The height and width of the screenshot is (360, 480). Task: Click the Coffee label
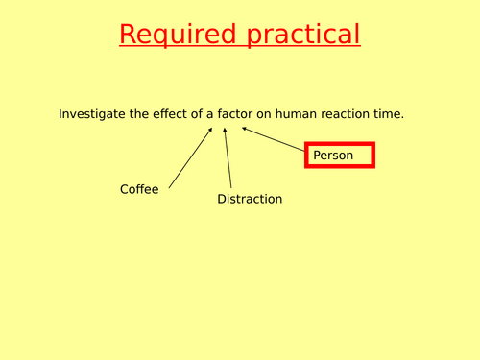click(139, 189)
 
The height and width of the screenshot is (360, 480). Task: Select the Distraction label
click(250, 199)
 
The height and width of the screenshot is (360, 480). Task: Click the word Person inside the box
click(333, 155)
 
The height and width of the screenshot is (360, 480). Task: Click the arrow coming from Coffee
click(190, 156)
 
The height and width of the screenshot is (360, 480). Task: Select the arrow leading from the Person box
click(273, 140)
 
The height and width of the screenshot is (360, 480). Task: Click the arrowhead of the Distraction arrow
click(225, 129)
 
